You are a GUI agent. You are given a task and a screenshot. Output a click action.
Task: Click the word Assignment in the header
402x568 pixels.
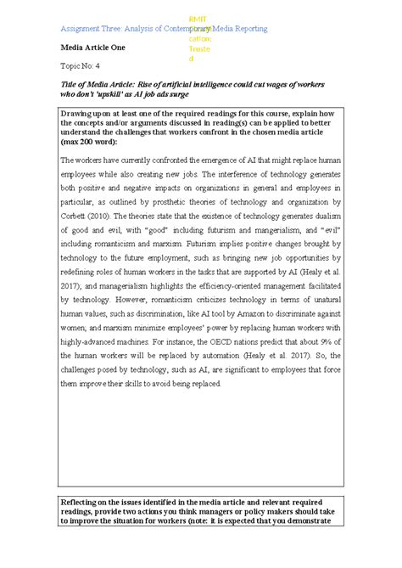tap(81, 29)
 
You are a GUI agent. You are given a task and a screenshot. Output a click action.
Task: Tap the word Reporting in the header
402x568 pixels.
tap(246, 29)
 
